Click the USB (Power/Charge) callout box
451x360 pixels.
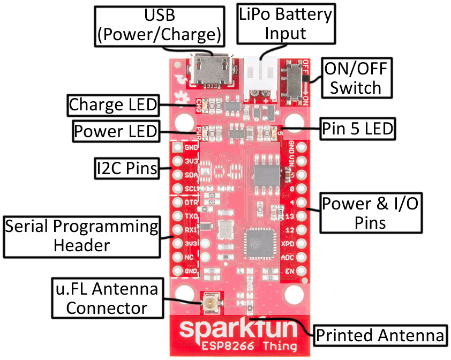tap(159, 26)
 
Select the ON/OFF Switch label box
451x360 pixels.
tap(355, 78)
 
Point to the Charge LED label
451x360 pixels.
tap(114, 105)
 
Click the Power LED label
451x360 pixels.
tap(115, 131)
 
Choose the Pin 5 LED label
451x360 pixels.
tap(358, 129)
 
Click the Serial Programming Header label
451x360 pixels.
tap(81, 236)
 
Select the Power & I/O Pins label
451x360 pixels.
tap(370, 213)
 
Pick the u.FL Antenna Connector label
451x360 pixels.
tap(106, 298)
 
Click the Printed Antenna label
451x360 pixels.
tap(380, 335)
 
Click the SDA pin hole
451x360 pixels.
tap(177, 175)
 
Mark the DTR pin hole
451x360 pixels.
tap(177, 204)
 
